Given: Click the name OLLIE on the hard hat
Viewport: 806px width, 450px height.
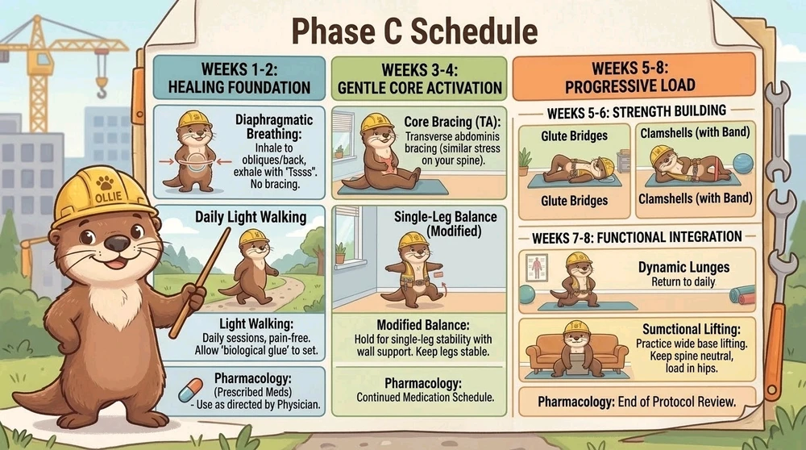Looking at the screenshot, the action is [108, 197].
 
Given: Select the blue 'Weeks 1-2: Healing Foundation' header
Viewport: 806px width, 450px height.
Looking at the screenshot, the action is [239, 78].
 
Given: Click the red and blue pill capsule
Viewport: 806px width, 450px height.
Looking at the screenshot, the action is [190, 390].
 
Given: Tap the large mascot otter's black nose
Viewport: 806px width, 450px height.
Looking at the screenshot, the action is [118, 243].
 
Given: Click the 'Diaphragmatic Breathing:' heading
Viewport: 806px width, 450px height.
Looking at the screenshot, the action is [273, 127].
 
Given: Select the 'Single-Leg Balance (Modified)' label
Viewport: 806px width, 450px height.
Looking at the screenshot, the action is [445, 223].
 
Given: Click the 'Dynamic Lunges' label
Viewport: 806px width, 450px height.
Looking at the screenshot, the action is [683, 267].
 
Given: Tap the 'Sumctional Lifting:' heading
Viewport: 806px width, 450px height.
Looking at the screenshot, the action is [691, 329].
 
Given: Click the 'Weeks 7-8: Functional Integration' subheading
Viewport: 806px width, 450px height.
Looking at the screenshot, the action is [637, 238].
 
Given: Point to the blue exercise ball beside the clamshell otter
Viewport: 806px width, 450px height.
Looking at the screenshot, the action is [743, 164].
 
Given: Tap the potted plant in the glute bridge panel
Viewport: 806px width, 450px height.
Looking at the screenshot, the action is [525, 161].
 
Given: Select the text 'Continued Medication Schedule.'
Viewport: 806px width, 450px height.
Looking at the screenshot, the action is [425, 398].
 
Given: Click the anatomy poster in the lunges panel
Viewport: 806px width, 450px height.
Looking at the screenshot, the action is [537, 268].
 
